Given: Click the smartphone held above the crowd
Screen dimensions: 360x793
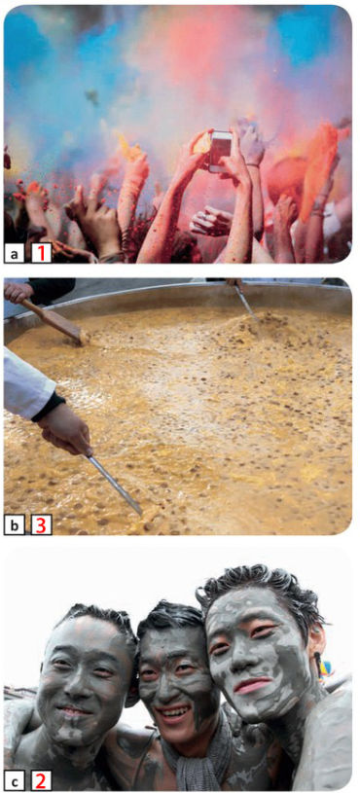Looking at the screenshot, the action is [221, 152].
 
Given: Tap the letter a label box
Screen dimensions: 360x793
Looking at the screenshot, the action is [15, 254].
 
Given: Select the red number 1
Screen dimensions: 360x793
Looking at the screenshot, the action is [42, 253].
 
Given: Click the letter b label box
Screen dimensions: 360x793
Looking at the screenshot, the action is [15, 525].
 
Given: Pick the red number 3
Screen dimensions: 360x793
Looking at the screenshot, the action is [42, 525].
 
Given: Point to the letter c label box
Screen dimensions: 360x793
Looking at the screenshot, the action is [15, 781].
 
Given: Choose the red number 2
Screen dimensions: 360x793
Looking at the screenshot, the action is [42, 781].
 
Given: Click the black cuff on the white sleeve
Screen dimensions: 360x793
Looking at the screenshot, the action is [49, 407].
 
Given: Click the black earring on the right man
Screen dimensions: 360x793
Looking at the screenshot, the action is [318, 662].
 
